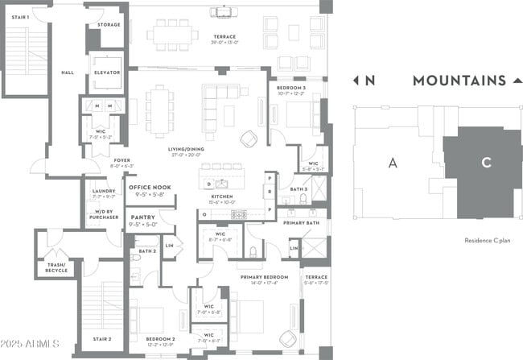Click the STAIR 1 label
[x=19, y=17]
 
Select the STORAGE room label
[x=109, y=25]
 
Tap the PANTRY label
[x=143, y=217]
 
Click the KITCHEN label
[x=222, y=196]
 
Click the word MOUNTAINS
[x=459, y=81]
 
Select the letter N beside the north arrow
[x=370, y=81]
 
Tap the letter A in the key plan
[x=393, y=163]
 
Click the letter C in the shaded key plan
[x=486, y=163]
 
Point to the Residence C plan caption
[x=488, y=241]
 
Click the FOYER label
[x=122, y=160]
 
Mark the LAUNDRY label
[x=104, y=191]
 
